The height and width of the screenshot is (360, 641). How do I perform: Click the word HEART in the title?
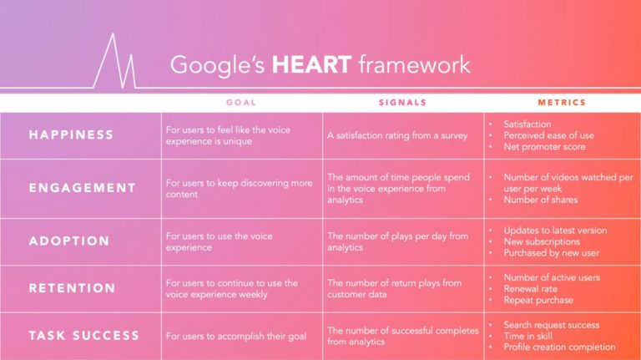(x=311, y=64)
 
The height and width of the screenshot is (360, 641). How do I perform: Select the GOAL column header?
(x=241, y=103)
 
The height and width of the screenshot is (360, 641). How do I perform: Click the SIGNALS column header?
(x=402, y=103)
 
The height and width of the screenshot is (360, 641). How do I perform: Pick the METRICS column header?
(x=562, y=103)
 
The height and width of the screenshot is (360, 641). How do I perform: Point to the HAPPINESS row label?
(x=71, y=135)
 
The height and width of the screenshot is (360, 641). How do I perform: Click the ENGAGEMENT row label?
(x=82, y=188)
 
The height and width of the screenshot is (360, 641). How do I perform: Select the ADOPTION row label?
(x=69, y=241)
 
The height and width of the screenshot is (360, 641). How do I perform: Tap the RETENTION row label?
(x=72, y=288)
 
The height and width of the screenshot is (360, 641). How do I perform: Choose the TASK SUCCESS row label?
(x=84, y=336)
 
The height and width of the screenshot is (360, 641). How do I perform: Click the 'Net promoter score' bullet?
(x=544, y=147)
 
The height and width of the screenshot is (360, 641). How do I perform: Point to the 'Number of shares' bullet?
(x=541, y=200)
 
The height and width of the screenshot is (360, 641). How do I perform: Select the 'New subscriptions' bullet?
(x=542, y=241)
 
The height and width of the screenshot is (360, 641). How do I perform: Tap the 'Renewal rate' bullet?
(x=530, y=289)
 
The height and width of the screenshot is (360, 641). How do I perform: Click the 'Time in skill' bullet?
(x=527, y=337)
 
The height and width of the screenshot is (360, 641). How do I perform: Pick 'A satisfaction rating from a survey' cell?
(x=397, y=136)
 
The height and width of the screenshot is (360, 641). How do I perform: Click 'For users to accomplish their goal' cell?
(x=236, y=337)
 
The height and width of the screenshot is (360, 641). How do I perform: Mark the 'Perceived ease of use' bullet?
(x=548, y=135)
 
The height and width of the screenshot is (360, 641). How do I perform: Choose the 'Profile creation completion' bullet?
(x=559, y=347)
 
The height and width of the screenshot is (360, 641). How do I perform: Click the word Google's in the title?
(x=218, y=65)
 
